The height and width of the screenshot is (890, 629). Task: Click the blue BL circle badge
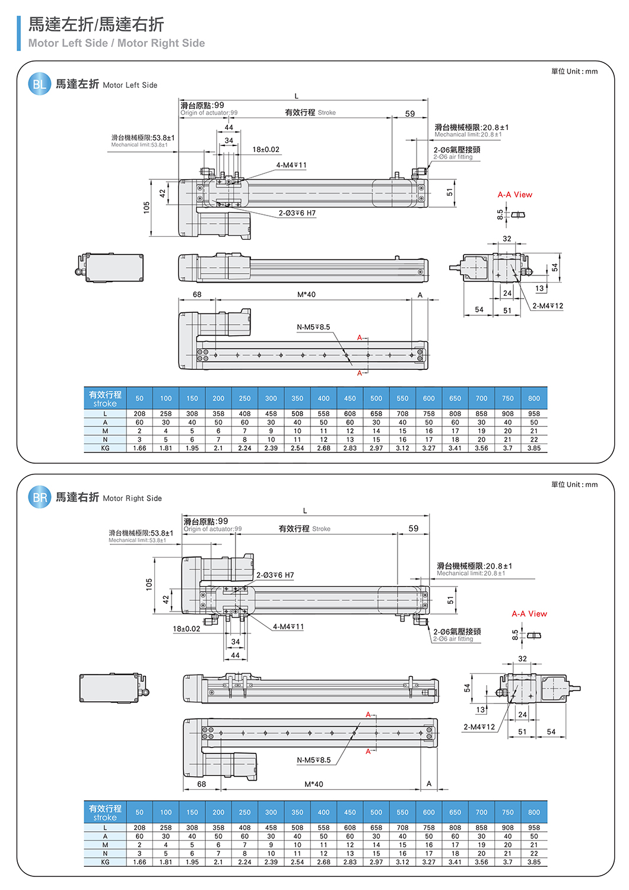tap(39, 84)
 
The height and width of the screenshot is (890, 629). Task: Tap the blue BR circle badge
tap(39, 498)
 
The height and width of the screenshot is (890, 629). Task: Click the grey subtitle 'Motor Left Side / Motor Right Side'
tap(116, 43)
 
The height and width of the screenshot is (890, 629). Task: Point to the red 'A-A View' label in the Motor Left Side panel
tap(514, 195)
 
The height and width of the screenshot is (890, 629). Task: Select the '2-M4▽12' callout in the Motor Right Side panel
tap(479, 727)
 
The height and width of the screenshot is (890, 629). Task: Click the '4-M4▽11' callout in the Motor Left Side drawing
tap(291, 166)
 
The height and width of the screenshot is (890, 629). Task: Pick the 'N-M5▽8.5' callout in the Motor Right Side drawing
tap(313, 760)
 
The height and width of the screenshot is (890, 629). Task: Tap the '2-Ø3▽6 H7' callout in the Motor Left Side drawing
tap(297, 213)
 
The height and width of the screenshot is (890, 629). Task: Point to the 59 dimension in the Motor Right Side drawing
tap(414, 528)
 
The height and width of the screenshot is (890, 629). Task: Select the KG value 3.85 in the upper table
tap(534, 448)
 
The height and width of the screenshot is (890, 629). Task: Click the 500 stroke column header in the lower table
tap(376, 812)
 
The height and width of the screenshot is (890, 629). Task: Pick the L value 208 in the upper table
tap(139, 414)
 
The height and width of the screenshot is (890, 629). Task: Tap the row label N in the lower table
tap(105, 854)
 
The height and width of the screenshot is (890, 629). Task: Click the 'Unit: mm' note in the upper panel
tap(574, 71)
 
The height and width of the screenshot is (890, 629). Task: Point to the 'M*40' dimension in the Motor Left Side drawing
tap(306, 294)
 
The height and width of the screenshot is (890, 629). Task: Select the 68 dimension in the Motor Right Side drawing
tap(202, 784)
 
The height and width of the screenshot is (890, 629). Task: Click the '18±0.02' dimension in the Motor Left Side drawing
tap(266, 150)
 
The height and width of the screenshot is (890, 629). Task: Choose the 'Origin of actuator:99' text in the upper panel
tap(209, 113)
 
